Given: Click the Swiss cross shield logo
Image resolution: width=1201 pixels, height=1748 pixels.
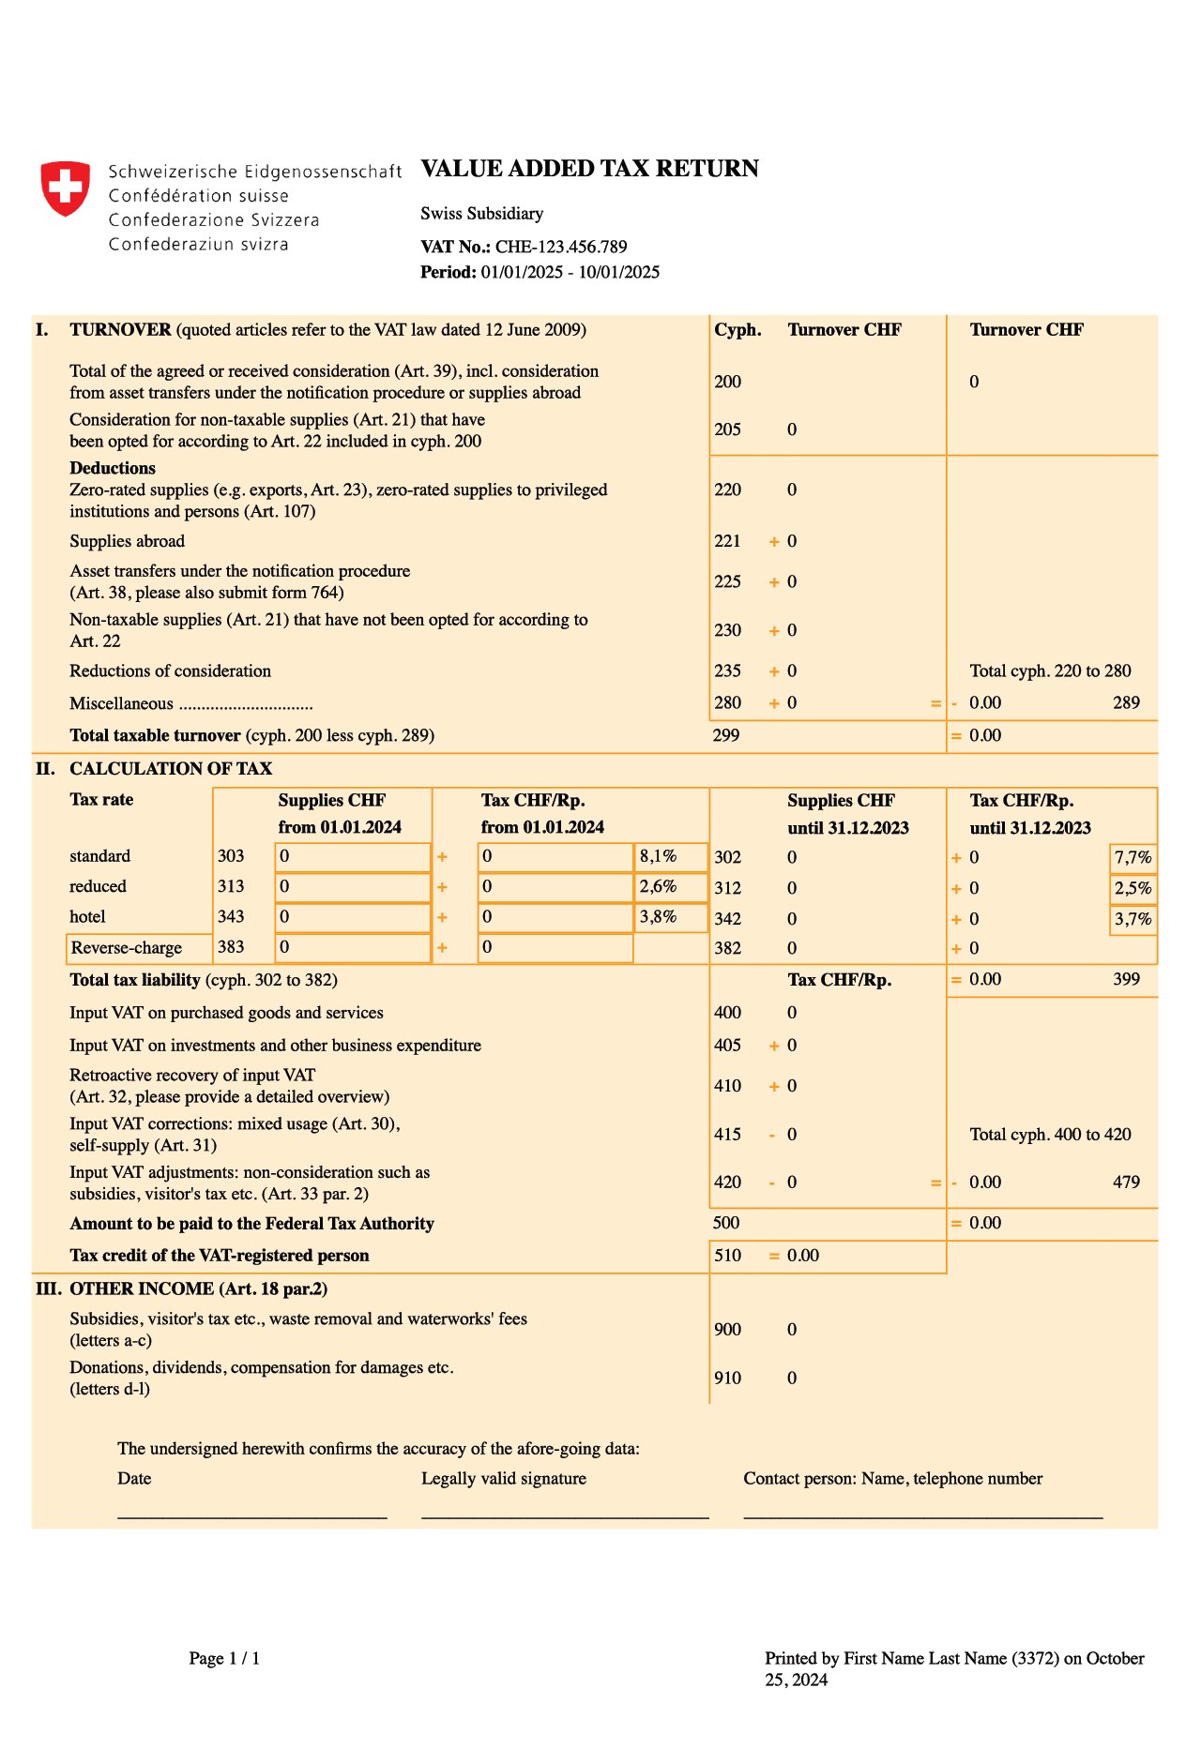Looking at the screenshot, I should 65,188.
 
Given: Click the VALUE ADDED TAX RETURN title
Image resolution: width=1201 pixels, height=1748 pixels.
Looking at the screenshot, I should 589,169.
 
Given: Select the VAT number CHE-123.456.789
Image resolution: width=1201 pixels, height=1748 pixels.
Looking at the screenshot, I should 561,247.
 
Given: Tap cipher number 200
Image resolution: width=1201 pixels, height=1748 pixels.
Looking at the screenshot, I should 727,382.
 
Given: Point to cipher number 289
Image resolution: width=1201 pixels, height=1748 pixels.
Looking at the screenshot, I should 1126,702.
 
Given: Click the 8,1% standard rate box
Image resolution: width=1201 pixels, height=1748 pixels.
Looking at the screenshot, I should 670,856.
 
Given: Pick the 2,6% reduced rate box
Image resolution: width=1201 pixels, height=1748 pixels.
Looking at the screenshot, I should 670,886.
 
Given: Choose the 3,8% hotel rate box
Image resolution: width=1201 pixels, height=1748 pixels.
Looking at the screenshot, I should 670,917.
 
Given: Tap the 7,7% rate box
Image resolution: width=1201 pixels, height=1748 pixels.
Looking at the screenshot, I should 1133,857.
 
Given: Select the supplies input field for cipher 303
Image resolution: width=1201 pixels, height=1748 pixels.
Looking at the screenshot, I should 353,856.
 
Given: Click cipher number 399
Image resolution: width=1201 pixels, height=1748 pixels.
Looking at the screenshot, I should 1126,979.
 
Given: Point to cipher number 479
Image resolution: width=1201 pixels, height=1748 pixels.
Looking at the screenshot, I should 1126,1182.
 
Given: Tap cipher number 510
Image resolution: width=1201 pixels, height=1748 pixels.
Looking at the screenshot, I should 727,1255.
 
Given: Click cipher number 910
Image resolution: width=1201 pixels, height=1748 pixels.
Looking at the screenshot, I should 727,1378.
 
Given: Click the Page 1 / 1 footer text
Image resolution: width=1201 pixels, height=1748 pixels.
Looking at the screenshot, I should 224,1658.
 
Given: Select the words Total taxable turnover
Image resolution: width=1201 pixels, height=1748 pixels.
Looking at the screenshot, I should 155,735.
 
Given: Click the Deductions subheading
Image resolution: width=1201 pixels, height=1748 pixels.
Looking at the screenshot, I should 113,468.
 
